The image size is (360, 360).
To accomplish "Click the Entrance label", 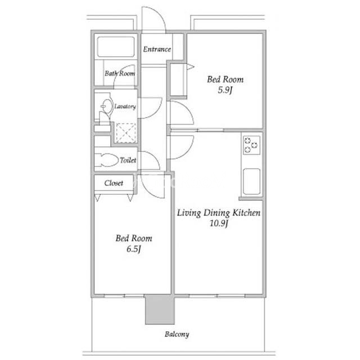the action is [157, 49].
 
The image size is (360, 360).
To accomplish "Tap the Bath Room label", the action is [120, 73].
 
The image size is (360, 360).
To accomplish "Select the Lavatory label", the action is [125, 106].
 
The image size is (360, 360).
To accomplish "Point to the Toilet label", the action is [128, 160].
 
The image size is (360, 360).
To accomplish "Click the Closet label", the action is [114, 183].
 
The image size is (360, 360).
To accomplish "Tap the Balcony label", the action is [177, 334].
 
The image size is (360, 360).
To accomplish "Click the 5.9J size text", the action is [225, 90].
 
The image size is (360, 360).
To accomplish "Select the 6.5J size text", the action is [134, 249].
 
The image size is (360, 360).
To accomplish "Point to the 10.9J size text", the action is [219, 223].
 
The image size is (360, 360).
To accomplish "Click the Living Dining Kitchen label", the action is [219, 213].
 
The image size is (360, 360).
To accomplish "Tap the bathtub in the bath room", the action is [116, 47].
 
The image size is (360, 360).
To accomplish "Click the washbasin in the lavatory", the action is [107, 106].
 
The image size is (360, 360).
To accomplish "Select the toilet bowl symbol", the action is [107, 160].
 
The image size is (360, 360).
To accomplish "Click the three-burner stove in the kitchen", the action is [251, 145].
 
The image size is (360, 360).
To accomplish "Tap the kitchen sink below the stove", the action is [251, 182].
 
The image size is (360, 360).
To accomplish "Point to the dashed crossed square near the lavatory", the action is [125, 133].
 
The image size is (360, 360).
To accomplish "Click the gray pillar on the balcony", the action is [160, 309].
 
